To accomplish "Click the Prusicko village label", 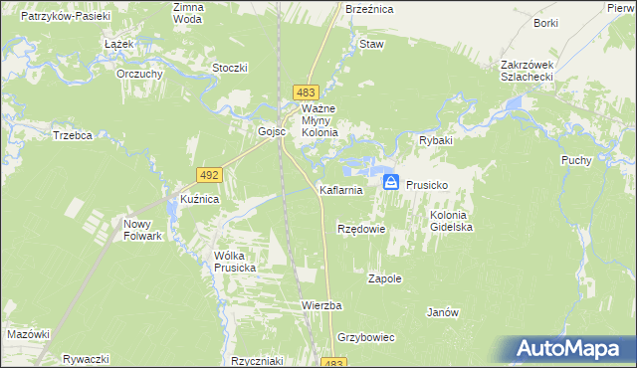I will pyautogui.click(x=429, y=186).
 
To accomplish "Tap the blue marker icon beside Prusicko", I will pyautogui.click(x=391, y=182).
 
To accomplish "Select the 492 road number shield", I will pyautogui.click(x=208, y=174).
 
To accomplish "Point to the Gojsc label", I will pyautogui.click(x=272, y=131).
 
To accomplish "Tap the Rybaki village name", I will pyautogui.click(x=435, y=141).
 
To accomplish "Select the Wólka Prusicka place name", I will pyautogui.click(x=235, y=262).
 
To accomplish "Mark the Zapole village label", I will pyautogui.click(x=385, y=278).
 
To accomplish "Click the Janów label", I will pyautogui.click(x=442, y=312).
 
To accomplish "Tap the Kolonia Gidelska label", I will pyautogui.click(x=451, y=221).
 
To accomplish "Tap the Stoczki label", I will pyautogui.click(x=230, y=68).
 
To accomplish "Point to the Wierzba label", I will pyautogui.click(x=321, y=304).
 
